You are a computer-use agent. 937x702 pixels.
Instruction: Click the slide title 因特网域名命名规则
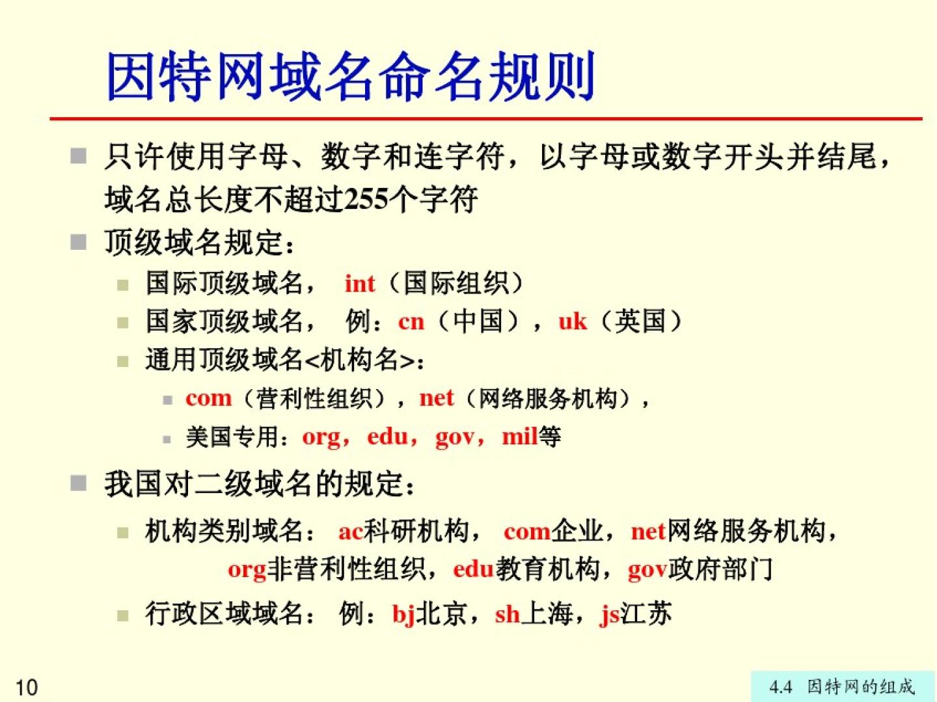click(x=351, y=77)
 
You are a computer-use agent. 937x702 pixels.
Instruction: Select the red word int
click(x=359, y=284)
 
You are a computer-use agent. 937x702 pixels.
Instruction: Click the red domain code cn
click(x=411, y=322)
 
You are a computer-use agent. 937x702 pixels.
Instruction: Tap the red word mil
click(x=519, y=436)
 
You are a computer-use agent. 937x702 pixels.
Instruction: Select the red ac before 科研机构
click(x=351, y=532)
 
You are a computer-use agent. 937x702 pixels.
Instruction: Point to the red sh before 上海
click(x=508, y=614)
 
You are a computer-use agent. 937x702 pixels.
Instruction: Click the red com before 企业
click(x=527, y=532)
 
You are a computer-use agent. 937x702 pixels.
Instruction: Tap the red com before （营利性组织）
click(x=208, y=399)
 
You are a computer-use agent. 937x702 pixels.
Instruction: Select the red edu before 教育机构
click(x=474, y=569)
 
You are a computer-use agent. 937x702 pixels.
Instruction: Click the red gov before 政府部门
click(x=647, y=571)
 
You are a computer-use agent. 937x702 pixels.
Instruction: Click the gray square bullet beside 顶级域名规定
click(x=79, y=243)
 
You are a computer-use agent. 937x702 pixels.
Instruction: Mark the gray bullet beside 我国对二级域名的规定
click(x=79, y=483)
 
